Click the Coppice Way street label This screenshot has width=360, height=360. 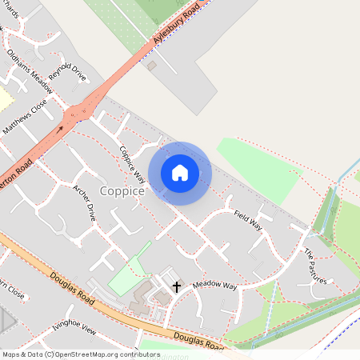[x=133, y=165]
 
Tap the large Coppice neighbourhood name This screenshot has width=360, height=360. [x=122, y=191]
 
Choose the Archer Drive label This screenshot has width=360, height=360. [x=85, y=202]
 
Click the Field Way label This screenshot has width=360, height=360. [x=248, y=220]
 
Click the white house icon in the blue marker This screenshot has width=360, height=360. [x=180, y=173]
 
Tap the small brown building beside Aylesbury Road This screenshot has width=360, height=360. [x=152, y=66]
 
